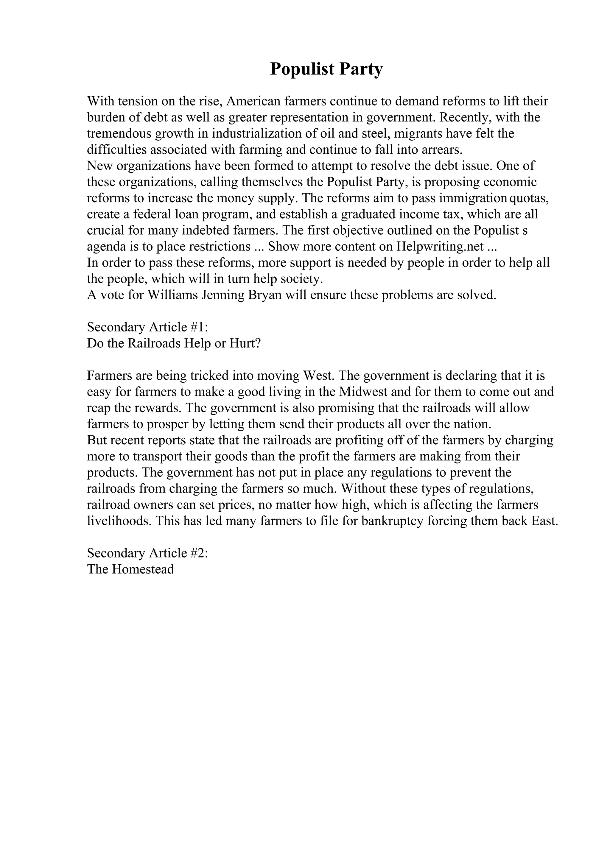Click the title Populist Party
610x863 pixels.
(326, 69)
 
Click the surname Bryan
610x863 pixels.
(265, 295)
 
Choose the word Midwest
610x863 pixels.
(364, 392)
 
